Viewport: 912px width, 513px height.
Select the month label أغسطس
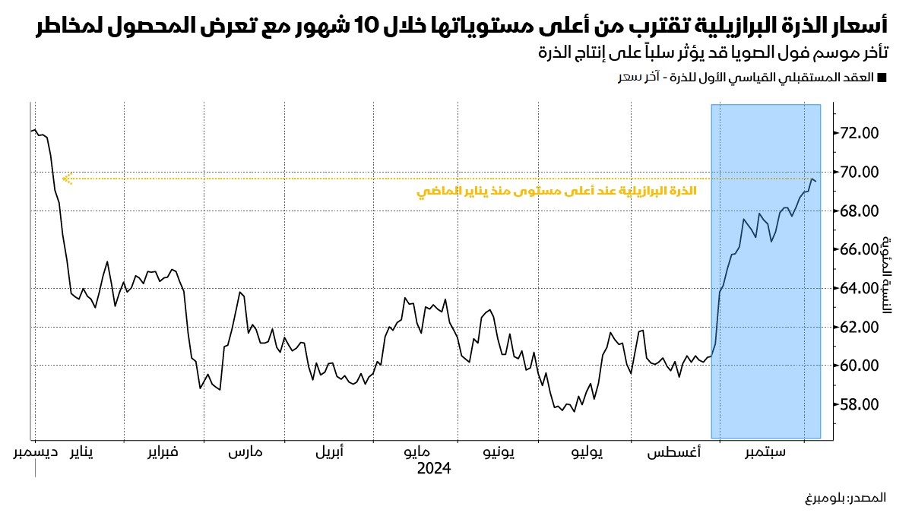tap(674, 453)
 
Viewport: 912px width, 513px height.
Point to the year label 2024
tap(434, 469)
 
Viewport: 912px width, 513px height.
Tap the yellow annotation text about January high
tap(556, 192)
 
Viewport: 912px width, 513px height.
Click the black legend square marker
tap(882, 78)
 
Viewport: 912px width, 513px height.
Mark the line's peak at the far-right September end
tap(812, 179)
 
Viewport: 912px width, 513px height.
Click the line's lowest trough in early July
tap(575, 411)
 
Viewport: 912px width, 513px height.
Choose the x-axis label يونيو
tap(499, 453)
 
